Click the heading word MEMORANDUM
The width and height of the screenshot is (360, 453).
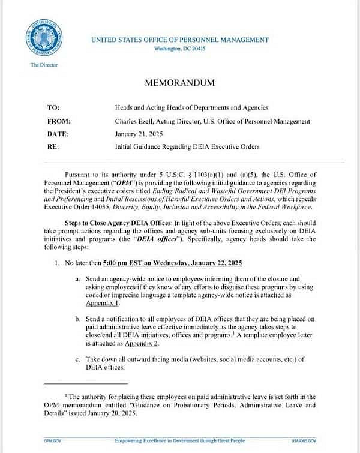(x=179, y=83)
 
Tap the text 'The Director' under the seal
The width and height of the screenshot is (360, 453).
(x=44, y=65)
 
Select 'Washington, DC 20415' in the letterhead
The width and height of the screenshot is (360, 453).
(x=179, y=48)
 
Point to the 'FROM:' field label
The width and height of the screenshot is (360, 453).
(x=58, y=121)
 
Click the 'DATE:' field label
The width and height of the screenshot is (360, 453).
(x=58, y=134)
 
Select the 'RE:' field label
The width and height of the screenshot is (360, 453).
(x=53, y=146)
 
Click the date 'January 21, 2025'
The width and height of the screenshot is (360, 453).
(x=139, y=134)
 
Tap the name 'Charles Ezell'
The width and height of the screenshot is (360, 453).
(x=134, y=121)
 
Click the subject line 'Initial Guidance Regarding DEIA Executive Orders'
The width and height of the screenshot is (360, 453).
(x=187, y=146)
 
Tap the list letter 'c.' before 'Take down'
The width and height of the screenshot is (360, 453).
(x=78, y=359)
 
